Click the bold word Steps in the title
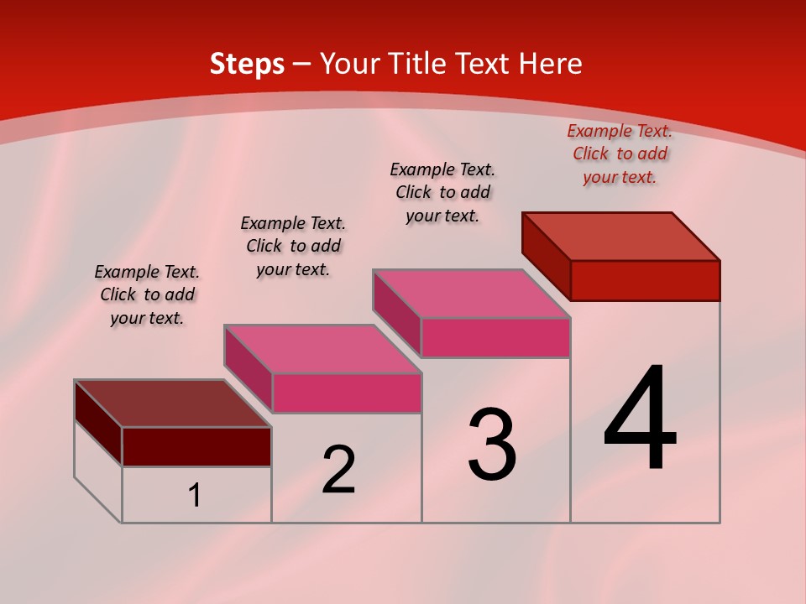[x=247, y=64]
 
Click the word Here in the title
[x=550, y=64]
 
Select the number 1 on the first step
[x=195, y=496]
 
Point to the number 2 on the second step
[x=338, y=470]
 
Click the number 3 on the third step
[x=492, y=445]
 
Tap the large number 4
[x=640, y=419]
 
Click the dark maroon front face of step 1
[x=196, y=446]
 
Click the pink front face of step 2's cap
[x=347, y=393]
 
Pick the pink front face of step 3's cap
[x=495, y=337]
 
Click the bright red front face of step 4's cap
[x=645, y=280]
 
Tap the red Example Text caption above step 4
[x=620, y=154]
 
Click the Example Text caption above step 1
[x=147, y=294]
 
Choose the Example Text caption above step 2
[x=293, y=246]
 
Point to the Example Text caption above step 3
[x=442, y=192]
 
